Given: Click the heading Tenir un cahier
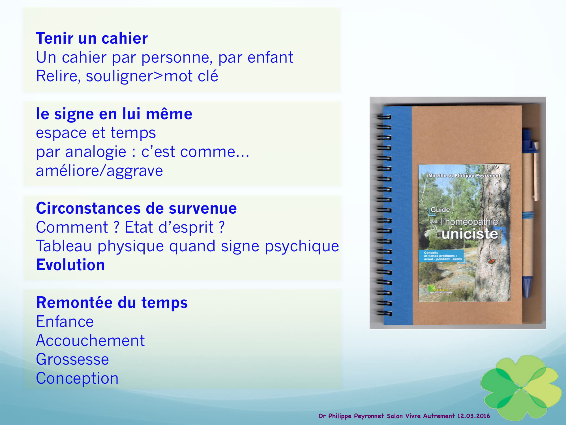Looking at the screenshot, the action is point(92,38).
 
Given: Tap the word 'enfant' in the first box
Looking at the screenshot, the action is point(270,57).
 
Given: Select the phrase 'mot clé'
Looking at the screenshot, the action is point(191,76).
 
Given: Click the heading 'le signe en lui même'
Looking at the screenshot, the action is point(114,114).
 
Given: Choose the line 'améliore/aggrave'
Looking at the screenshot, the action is point(99,171).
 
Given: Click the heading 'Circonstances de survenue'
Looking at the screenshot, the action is point(136,208).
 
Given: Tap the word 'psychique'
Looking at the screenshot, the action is point(302,246).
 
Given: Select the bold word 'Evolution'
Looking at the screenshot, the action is point(70,265).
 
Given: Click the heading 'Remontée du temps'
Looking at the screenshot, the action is point(112,303).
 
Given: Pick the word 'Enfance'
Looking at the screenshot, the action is point(65,322).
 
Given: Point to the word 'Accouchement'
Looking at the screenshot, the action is point(90,341).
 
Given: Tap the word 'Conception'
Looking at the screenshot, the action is point(77,378).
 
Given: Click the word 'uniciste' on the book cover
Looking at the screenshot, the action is point(469,234).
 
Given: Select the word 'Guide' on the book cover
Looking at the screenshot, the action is point(440,210).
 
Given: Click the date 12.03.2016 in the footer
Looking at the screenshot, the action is point(473,416).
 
